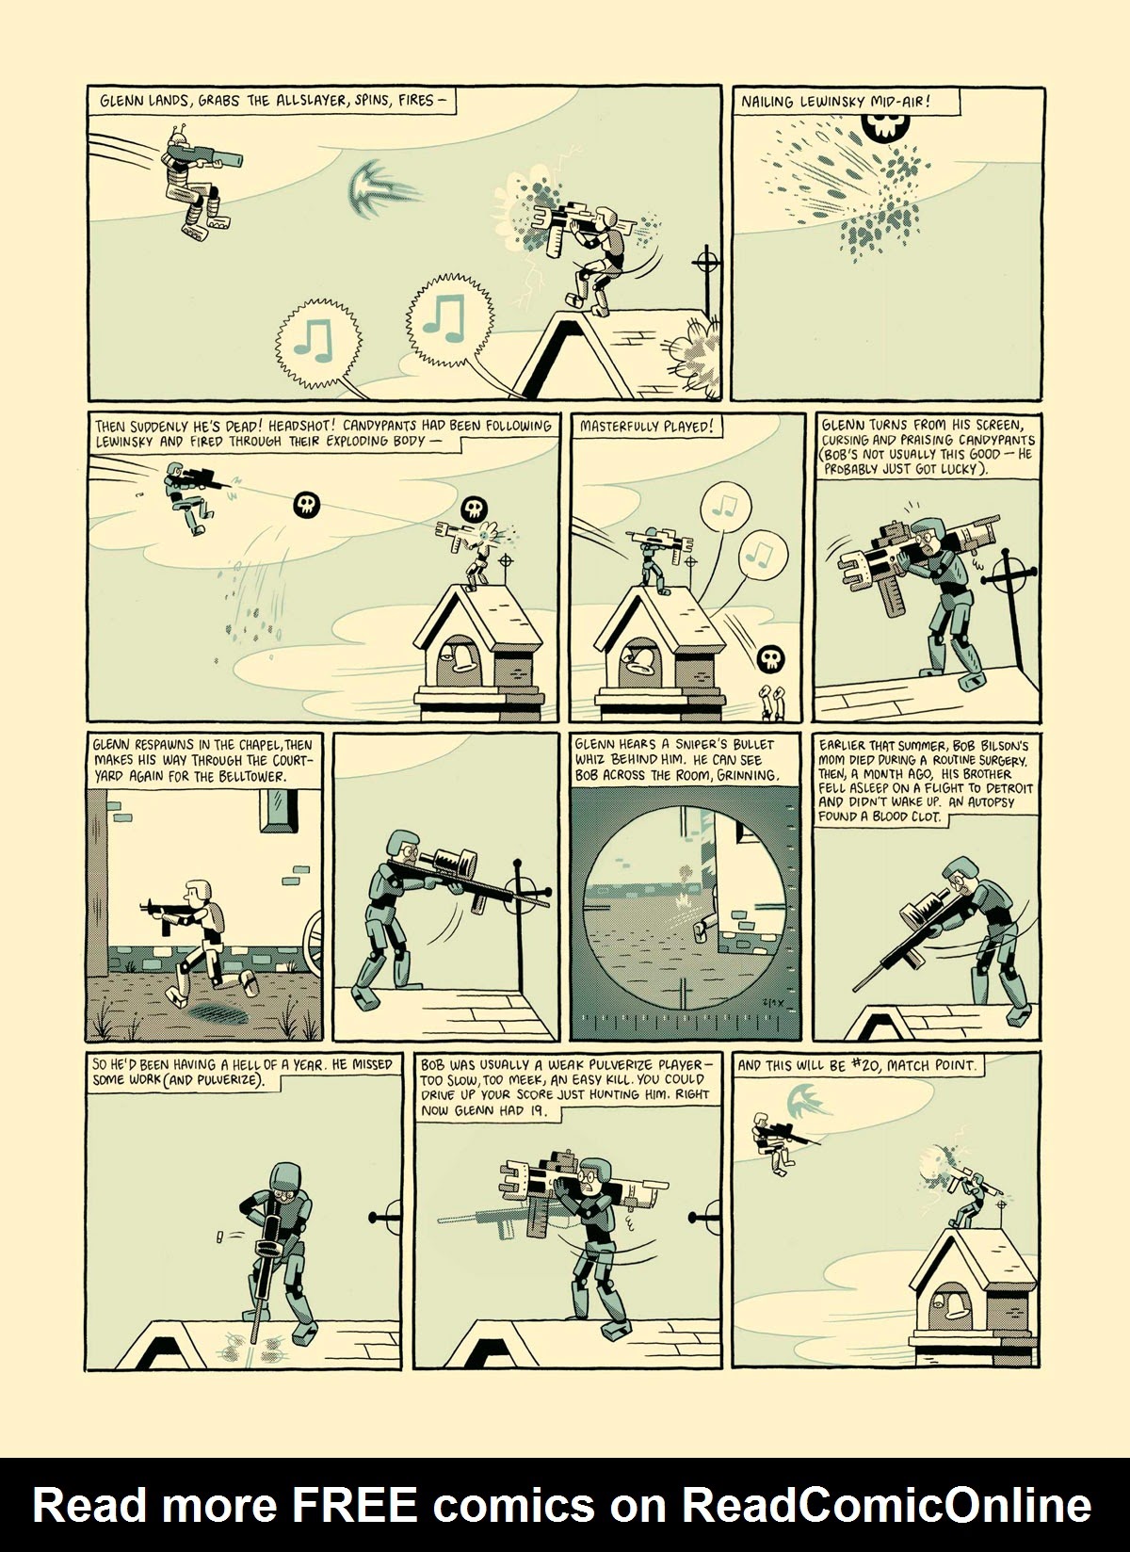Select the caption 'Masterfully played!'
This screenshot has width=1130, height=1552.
click(646, 426)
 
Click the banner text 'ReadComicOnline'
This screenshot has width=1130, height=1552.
click(886, 1504)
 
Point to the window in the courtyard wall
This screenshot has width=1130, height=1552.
click(281, 808)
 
